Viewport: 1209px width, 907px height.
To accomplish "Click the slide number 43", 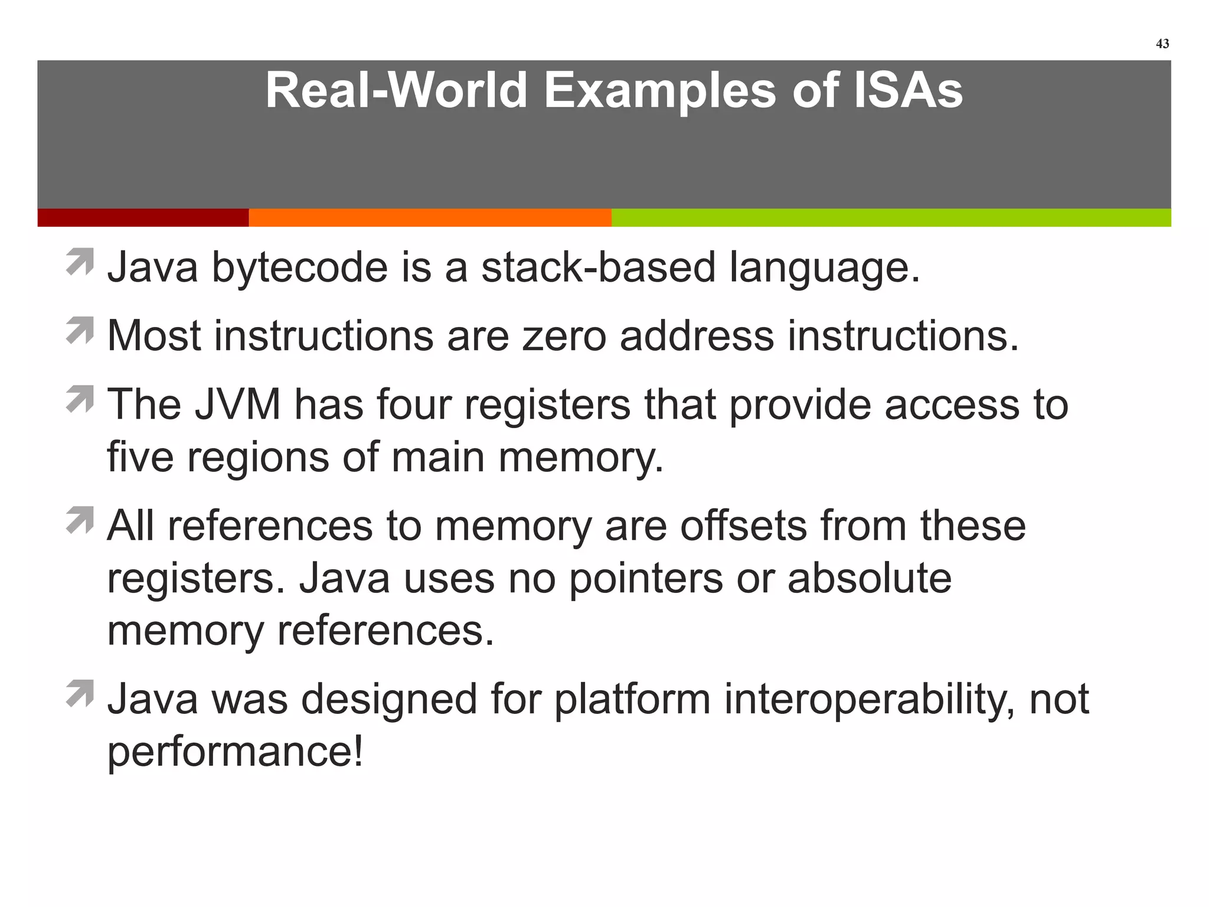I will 1162,44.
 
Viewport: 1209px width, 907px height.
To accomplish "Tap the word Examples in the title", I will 659,90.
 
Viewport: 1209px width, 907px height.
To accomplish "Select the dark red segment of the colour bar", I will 143,217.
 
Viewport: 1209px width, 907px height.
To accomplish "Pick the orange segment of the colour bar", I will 430,217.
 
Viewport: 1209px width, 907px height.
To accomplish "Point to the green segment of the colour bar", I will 891,217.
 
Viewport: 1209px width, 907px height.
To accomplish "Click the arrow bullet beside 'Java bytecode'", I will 80,262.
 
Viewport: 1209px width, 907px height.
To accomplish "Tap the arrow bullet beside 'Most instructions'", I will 80,330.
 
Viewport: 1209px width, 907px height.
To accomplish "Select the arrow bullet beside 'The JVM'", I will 80,399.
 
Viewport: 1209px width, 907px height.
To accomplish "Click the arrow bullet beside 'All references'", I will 80,520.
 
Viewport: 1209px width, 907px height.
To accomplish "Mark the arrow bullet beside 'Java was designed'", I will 80,693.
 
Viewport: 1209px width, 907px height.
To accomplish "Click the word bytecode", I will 300,267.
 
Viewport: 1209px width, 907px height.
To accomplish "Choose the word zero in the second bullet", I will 564,336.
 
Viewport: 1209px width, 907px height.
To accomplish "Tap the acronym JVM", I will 237,404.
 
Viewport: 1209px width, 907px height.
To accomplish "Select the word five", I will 140,457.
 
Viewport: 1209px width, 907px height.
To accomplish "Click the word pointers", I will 646,578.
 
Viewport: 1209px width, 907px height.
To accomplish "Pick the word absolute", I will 869,578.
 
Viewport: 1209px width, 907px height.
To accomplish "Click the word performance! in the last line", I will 235,752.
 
